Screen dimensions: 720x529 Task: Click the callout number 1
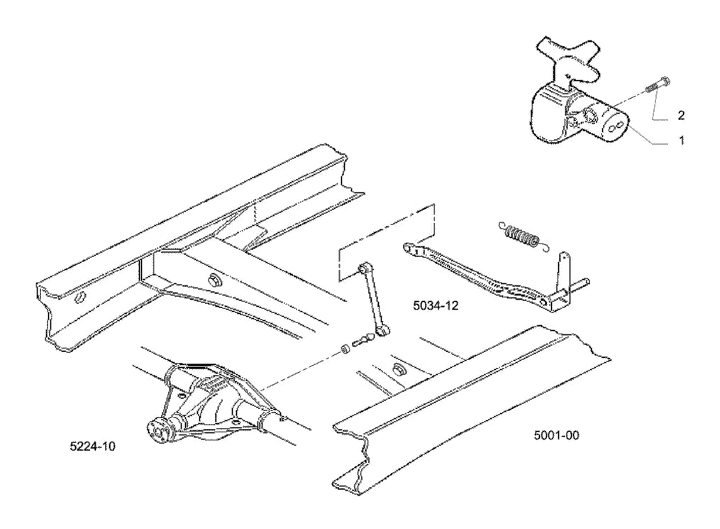682,140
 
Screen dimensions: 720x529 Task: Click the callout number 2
681,115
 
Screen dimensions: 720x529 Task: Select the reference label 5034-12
436,305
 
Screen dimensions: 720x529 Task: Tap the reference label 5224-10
92,446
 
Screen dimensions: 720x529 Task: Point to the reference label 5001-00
556,435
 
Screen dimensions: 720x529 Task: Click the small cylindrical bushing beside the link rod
345,350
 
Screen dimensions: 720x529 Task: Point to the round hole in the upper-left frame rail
79,298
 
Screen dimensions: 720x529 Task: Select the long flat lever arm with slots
475,274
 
